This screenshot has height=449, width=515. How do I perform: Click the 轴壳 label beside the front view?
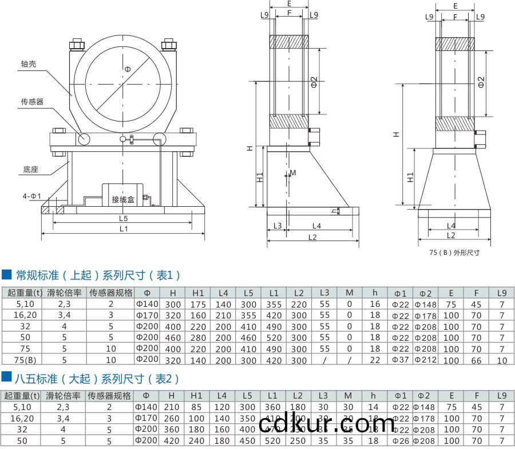(x=29, y=65)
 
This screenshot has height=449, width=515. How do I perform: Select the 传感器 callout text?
(x=32, y=101)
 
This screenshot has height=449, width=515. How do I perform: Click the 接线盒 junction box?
(x=123, y=199)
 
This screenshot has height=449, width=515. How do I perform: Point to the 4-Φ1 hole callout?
(x=32, y=196)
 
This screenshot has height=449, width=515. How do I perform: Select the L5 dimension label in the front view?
(x=123, y=218)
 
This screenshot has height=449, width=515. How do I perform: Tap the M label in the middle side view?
(x=293, y=172)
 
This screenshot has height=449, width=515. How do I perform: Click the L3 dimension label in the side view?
(x=278, y=226)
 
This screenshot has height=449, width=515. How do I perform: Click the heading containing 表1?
(x=97, y=275)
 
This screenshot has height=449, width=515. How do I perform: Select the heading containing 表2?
(x=97, y=379)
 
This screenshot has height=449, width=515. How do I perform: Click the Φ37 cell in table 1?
(x=401, y=360)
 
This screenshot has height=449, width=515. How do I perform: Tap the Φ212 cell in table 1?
(x=425, y=360)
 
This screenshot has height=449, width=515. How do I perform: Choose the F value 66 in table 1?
(x=476, y=360)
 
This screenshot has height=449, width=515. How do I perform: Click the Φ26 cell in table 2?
(x=401, y=441)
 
